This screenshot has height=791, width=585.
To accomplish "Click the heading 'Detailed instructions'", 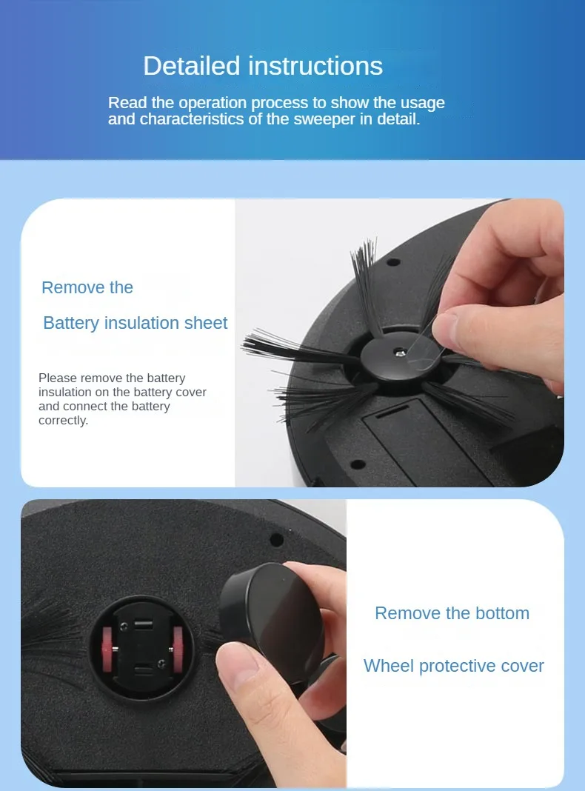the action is pos(263,66).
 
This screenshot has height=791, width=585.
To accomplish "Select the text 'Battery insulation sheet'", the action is pos(136,323).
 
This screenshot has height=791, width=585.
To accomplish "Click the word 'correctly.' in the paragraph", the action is pos(63,420).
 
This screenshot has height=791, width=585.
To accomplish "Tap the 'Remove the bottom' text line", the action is pos(452,613).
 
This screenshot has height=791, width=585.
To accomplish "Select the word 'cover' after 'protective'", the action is pos(523,666).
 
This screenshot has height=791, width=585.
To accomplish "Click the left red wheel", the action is pos(108,649).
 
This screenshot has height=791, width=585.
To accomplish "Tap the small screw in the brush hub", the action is pos(400,353).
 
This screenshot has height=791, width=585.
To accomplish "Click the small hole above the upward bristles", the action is pos(393,262).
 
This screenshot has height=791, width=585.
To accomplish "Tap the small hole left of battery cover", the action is pos(358,464).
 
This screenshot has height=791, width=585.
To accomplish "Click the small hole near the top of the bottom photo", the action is pos(276,539).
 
